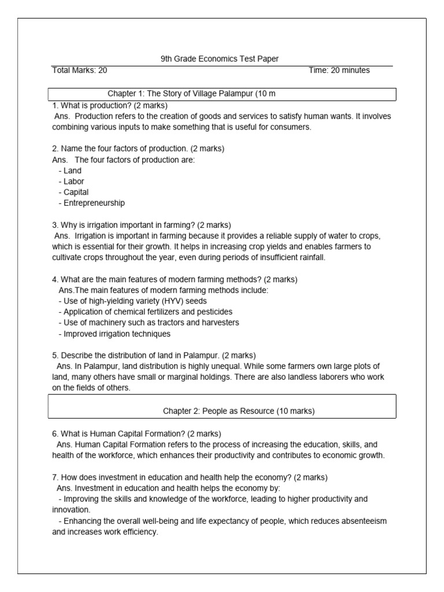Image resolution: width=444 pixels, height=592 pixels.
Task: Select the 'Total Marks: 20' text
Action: [80, 71]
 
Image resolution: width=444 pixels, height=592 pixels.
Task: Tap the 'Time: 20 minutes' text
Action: [339, 71]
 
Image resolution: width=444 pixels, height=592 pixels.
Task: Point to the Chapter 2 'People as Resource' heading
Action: [239, 411]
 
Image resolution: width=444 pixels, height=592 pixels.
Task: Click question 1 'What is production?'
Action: [110, 106]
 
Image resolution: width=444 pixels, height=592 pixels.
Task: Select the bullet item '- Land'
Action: [70, 171]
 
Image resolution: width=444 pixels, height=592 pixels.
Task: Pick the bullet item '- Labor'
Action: [71, 182]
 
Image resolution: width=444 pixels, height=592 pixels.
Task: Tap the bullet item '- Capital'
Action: [73, 192]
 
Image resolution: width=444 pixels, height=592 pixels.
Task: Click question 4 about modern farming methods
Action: [175, 279]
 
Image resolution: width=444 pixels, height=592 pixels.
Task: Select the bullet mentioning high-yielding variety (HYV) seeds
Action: [132, 301]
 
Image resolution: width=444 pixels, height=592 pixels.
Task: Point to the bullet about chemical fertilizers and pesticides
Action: [145, 312]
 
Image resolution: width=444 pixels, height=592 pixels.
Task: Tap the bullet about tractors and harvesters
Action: [149, 323]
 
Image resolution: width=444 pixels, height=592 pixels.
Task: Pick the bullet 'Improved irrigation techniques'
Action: [114, 334]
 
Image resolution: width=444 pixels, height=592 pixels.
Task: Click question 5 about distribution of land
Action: [154, 355]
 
